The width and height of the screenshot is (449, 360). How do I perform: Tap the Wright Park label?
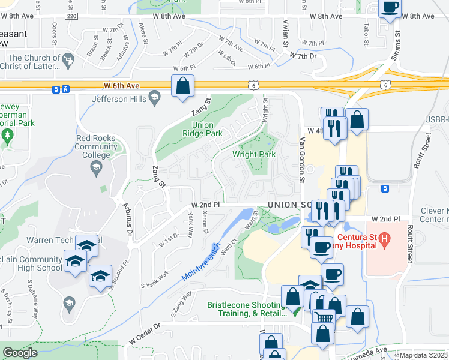click(254, 154)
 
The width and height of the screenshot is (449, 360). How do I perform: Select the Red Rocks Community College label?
click(93, 146)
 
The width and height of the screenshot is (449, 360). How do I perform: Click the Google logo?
click(20, 353)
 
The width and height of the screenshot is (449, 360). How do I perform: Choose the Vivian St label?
click(285, 37)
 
